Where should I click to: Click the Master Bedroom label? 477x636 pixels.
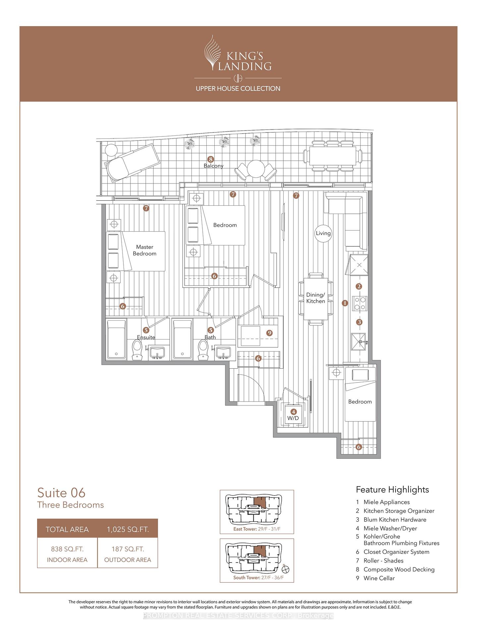pyautogui.click(x=145, y=250)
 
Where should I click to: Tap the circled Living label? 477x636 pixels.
pyautogui.click(x=323, y=233)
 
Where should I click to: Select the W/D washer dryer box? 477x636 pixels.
pyautogui.click(x=293, y=414)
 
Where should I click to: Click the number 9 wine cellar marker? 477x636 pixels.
pyautogui.click(x=270, y=333)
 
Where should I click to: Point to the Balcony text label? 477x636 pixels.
pyautogui.click(x=213, y=166)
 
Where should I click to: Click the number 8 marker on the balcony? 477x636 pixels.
pyautogui.click(x=210, y=159)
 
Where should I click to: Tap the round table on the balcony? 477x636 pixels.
pyautogui.click(x=255, y=169)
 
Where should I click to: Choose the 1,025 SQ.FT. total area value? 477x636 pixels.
pyautogui.click(x=128, y=529)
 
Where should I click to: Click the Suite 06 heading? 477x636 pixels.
pyautogui.click(x=61, y=493)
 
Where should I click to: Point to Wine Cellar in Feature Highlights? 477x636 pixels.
pyautogui.click(x=379, y=578)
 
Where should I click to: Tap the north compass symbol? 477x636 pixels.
pyautogui.click(x=286, y=569)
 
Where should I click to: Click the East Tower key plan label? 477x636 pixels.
pyautogui.click(x=257, y=529)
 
